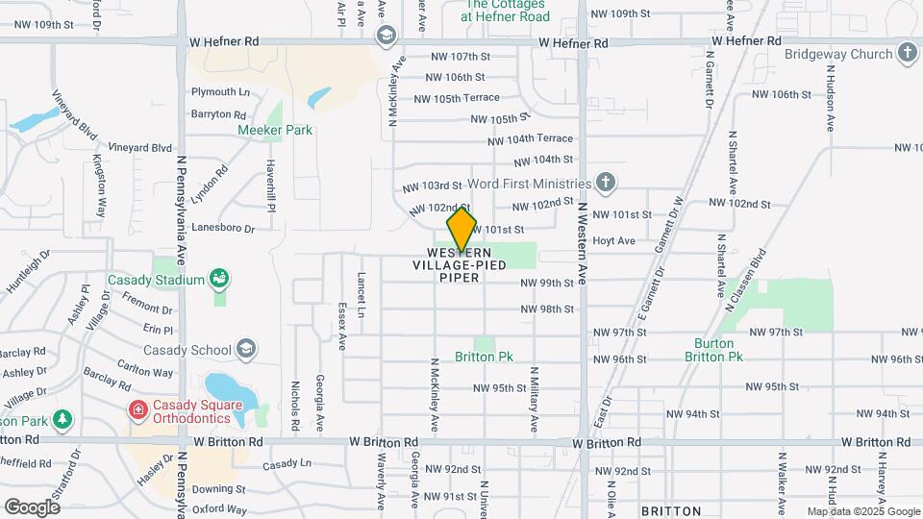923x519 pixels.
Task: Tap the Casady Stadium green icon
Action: click(220, 280)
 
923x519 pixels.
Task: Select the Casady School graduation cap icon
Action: click(246, 349)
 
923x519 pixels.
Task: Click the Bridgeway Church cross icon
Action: click(907, 54)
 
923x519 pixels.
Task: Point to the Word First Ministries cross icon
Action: click(605, 183)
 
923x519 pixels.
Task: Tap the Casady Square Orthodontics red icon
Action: click(138, 410)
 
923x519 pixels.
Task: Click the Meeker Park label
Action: click(275, 130)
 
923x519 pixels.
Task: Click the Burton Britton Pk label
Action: click(714, 350)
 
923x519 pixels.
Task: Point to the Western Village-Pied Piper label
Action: click(460, 264)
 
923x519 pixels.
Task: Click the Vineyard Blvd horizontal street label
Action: click(140, 148)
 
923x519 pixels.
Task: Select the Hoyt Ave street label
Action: click(613, 240)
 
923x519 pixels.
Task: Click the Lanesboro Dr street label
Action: click(222, 229)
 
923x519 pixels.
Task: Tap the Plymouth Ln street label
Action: click(220, 92)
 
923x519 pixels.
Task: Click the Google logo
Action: click(32, 507)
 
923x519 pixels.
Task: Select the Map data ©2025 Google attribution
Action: click(862, 511)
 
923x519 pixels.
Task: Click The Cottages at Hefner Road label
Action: click(505, 11)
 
